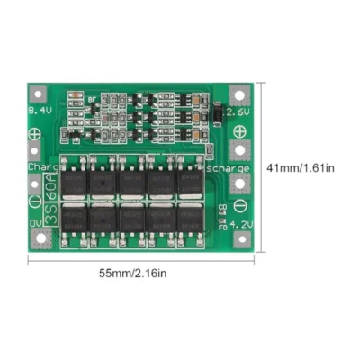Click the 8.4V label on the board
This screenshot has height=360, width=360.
(x=40, y=110)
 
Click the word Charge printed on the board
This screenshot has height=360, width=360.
(x=41, y=167)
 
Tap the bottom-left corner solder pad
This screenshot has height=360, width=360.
(x=40, y=238)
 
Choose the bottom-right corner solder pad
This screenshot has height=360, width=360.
(x=238, y=238)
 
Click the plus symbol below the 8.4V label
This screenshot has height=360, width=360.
(x=35, y=131)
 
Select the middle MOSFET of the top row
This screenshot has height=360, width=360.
(x=132, y=179)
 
